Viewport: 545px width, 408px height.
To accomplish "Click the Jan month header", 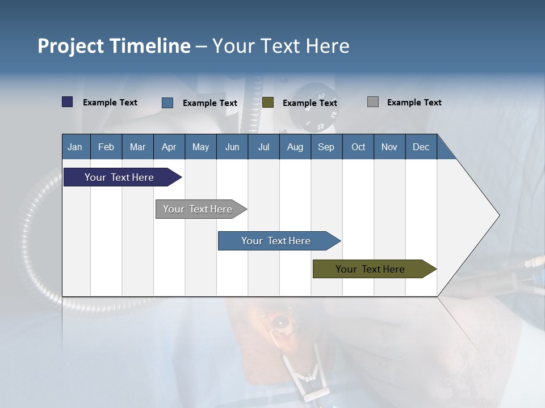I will coord(75,147).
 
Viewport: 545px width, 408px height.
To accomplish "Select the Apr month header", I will coord(169,147).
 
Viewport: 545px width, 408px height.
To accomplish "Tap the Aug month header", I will coord(295,147).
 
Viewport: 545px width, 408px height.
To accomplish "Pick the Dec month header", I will coord(421,147).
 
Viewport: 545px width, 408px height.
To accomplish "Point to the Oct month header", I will coord(358,147).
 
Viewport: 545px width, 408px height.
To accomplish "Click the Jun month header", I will coord(232,147).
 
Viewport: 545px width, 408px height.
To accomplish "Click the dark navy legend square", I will coord(68,102).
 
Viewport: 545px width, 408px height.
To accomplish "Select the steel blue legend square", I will coord(167,103).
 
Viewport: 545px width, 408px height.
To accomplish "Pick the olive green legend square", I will coord(268,102).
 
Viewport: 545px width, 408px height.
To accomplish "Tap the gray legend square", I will coord(373,102).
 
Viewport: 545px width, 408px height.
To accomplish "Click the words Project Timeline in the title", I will coord(114,46).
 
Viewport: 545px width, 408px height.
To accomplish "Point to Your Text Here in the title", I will coord(280,46).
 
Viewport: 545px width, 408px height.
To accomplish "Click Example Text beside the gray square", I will coord(414,103).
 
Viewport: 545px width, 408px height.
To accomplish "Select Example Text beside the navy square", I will coord(110,103).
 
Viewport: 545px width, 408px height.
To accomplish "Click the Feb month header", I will coord(106,147).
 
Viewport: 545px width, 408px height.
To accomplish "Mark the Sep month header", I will coord(326,147).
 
